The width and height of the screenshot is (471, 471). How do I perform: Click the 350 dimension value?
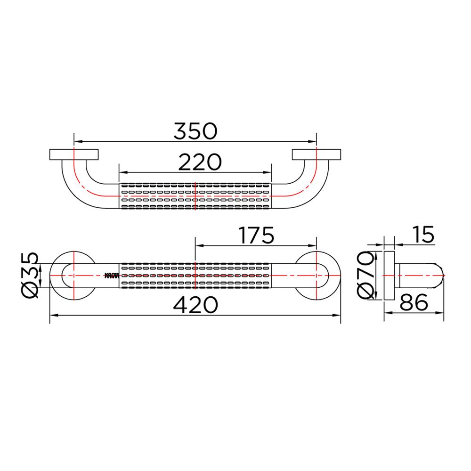195,131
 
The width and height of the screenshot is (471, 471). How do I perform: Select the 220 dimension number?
200,162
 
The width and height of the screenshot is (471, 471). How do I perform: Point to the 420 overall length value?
195,305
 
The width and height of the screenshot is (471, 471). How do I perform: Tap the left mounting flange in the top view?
73,155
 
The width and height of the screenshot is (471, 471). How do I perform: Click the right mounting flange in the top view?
316,155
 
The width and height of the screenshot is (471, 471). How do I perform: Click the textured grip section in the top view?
195,195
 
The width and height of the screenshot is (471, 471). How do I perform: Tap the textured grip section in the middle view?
195,275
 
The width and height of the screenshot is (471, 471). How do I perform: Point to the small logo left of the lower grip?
111,275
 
